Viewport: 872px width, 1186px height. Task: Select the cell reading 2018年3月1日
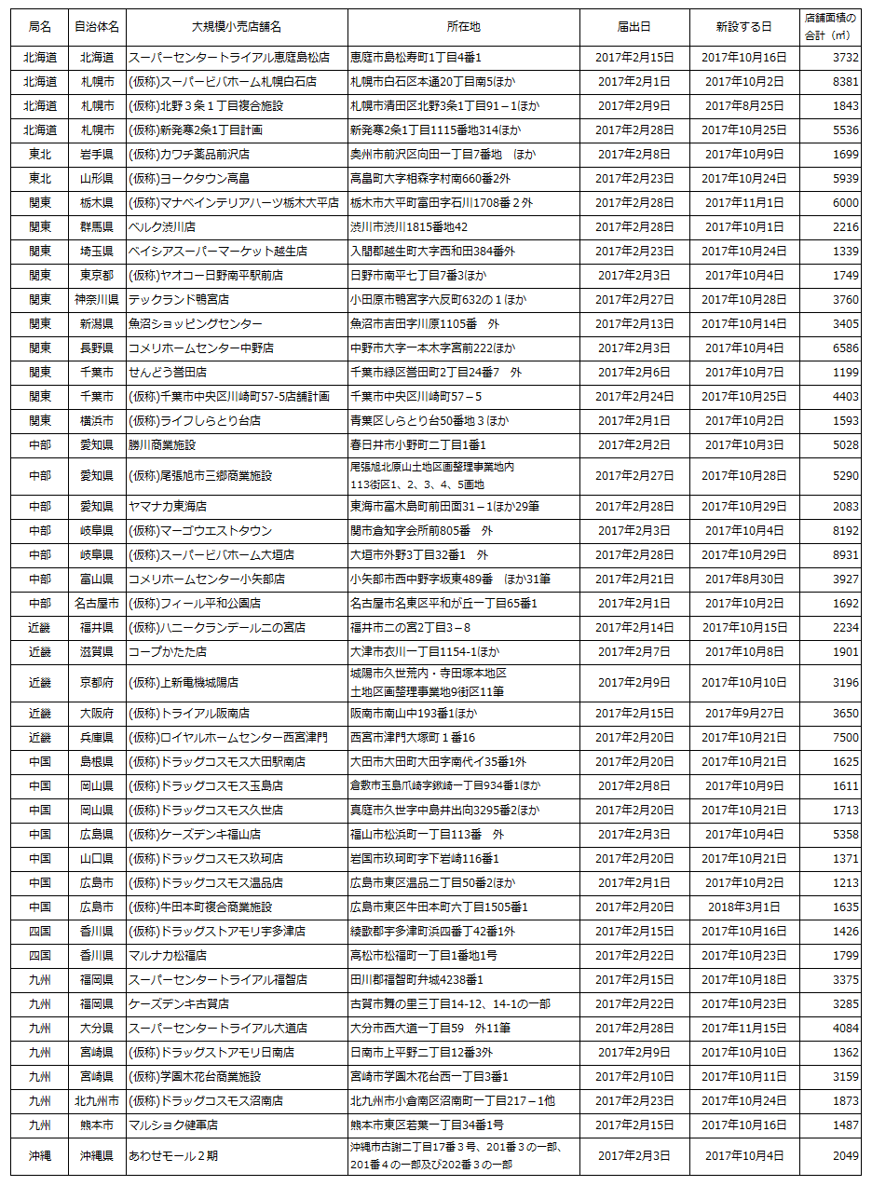[x=743, y=907]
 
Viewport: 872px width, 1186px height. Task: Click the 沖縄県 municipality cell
[x=97, y=1156]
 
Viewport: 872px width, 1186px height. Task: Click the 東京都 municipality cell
[x=97, y=275]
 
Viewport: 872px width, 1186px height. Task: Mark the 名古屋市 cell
[x=97, y=603]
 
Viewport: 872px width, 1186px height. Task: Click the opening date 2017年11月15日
[x=743, y=1028]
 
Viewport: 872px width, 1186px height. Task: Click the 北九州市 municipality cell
[x=97, y=1100]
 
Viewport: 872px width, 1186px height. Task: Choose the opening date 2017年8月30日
[x=743, y=579]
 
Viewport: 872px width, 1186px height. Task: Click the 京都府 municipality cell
[x=97, y=682]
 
